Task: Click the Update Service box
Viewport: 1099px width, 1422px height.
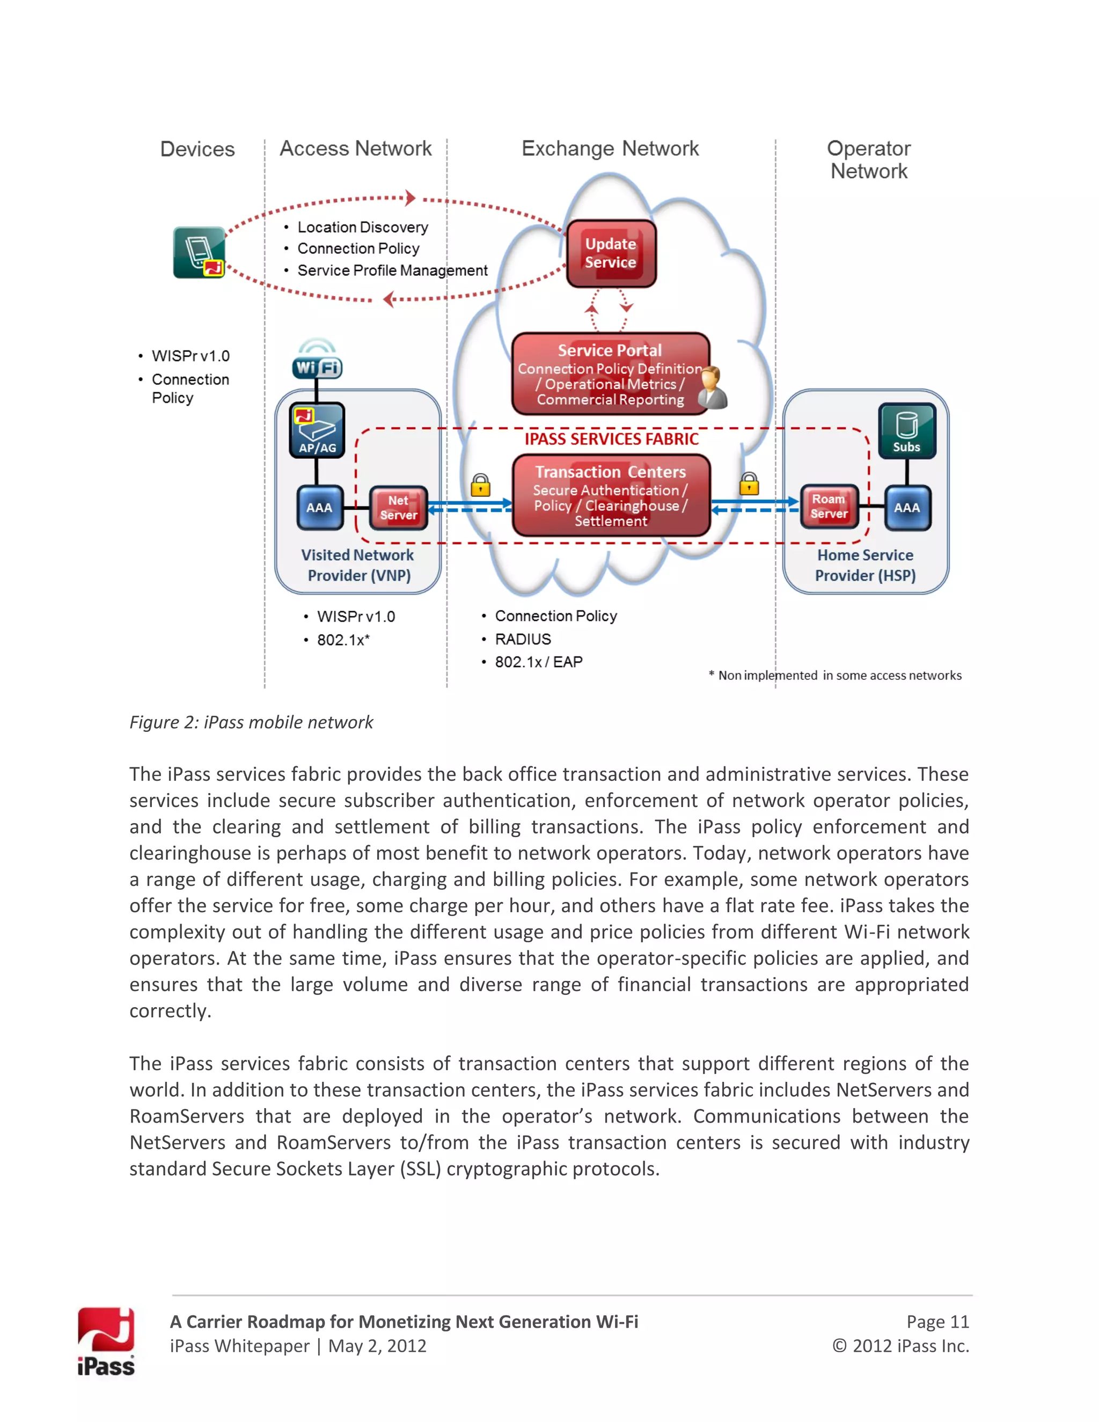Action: (x=611, y=253)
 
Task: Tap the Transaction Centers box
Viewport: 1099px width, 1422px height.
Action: (x=611, y=495)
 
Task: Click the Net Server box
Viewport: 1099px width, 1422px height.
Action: (x=399, y=508)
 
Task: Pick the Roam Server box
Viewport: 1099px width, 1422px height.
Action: (x=829, y=507)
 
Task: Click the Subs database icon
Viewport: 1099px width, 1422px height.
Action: (x=906, y=430)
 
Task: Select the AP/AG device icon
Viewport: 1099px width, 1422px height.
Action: (x=317, y=430)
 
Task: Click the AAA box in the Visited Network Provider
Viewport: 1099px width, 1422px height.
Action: (x=319, y=507)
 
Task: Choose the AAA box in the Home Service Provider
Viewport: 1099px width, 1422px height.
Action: (x=907, y=507)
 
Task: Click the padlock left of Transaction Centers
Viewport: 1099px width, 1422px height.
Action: (x=480, y=485)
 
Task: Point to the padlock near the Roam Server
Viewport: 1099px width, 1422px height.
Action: (x=749, y=484)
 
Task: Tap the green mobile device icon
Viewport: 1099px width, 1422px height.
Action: (x=199, y=253)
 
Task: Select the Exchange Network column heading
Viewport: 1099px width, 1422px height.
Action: (x=610, y=149)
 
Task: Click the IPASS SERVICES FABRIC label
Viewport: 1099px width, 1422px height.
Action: (x=611, y=439)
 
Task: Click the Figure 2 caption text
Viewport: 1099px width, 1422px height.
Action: (x=251, y=722)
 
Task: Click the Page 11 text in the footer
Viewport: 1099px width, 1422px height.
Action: (x=937, y=1321)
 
